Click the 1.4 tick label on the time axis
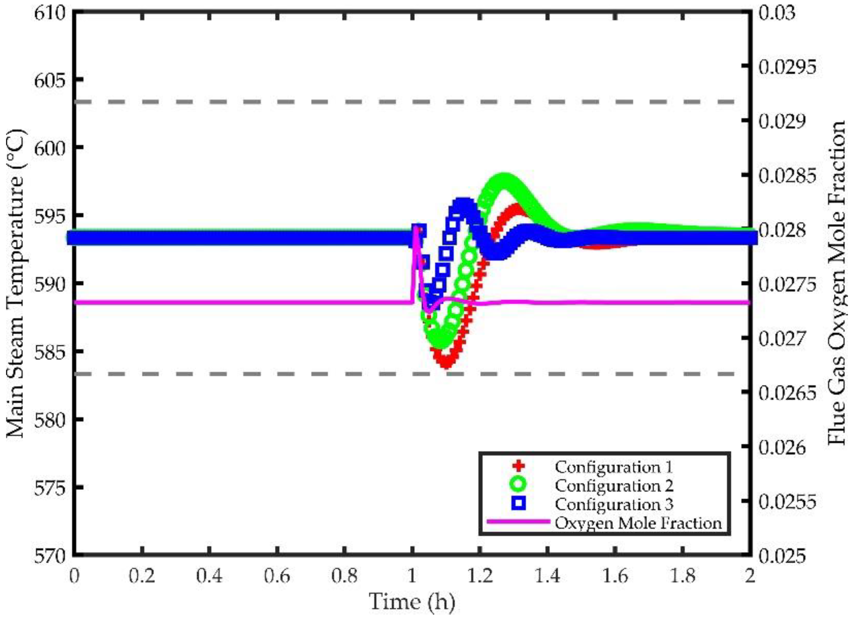pyautogui.click(x=547, y=576)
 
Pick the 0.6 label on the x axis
pyautogui.click(x=277, y=576)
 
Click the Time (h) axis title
pyautogui.click(x=412, y=601)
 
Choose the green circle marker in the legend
pyautogui.click(x=519, y=485)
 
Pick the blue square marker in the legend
pyautogui.click(x=519, y=503)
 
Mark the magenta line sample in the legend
pyautogui.click(x=518, y=522)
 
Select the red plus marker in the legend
pyautogui.click(x=519, y=467)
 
